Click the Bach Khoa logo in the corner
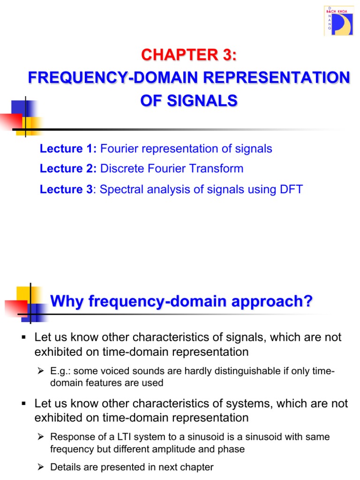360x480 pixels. (338, 21)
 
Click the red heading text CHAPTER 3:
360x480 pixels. (189, 55)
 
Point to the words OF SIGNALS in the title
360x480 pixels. (189, 100)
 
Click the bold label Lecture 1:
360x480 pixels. (68, 149)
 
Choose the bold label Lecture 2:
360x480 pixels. (68, 169)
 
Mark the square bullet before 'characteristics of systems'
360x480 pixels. (22, 404)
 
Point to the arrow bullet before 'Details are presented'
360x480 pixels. (41, 467)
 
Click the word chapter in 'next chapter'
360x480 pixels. (195, 467)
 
